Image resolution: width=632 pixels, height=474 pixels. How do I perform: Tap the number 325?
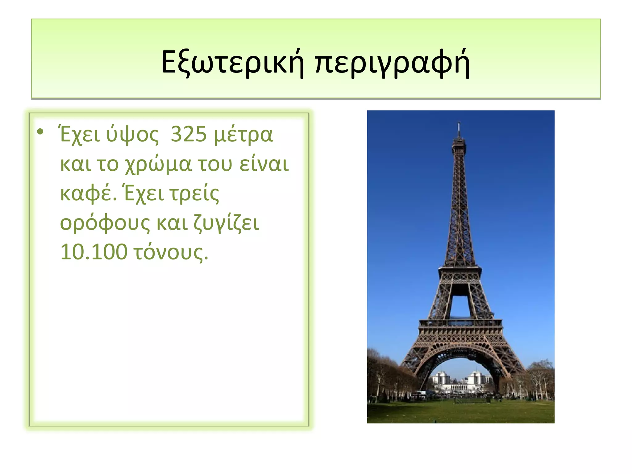tap(189, 135)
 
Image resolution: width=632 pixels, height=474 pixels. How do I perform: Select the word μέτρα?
tap(243, 135)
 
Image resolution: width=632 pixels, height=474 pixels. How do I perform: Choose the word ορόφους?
tap(105, 223)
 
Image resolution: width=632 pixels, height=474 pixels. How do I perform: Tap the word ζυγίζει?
tap(227, 223)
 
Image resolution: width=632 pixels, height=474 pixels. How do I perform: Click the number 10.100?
tap(94, 252)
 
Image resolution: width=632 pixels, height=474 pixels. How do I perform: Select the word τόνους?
tap(171, 252)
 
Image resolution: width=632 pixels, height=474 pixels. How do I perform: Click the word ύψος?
tap(132, 135)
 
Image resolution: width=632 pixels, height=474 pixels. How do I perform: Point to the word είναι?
tap(264, 164)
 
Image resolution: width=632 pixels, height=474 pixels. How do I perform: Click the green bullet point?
tap(40, 132)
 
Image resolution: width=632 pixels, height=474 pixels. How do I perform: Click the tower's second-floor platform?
tap(460, 271)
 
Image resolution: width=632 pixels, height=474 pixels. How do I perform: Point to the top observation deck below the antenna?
tap(459, 143)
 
